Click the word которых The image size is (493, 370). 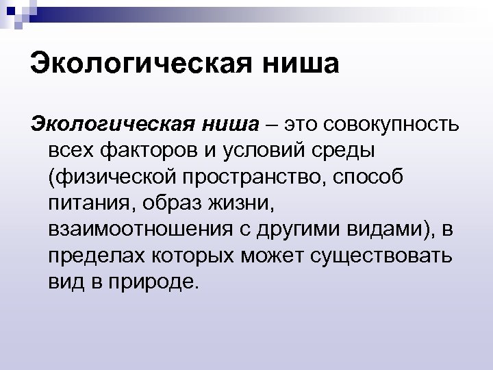tap(189, 256)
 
